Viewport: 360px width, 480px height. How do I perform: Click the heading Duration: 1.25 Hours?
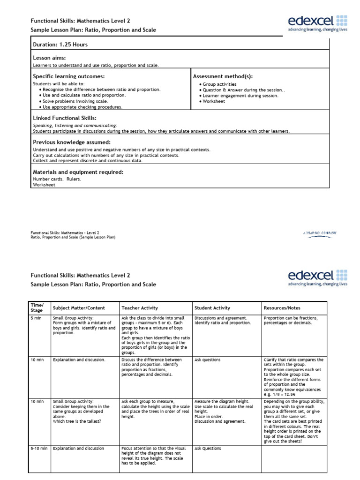[x=60, y=45]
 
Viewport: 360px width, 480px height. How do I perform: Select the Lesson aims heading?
[x=49, y=58]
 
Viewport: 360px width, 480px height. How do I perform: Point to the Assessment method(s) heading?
[x=223, y=76]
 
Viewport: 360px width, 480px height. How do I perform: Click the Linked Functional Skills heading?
[x=65, y=118]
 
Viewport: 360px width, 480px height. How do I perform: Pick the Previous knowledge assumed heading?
[x=71, y=142]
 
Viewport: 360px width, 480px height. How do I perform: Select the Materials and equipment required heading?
[x=78, y=172]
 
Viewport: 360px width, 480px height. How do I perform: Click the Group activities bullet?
[x=219, y=84]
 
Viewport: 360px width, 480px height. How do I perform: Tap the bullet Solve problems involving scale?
[x=75, y=101]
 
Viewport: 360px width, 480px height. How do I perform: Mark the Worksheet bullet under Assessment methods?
[x=214, y=101]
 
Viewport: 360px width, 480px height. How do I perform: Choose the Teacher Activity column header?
[x=140, y=308]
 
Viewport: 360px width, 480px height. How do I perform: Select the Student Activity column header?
[x=212, y=308]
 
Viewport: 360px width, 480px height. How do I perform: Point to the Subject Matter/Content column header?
[x=79, y=308]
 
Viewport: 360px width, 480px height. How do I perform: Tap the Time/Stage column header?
[x=37, y=308]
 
